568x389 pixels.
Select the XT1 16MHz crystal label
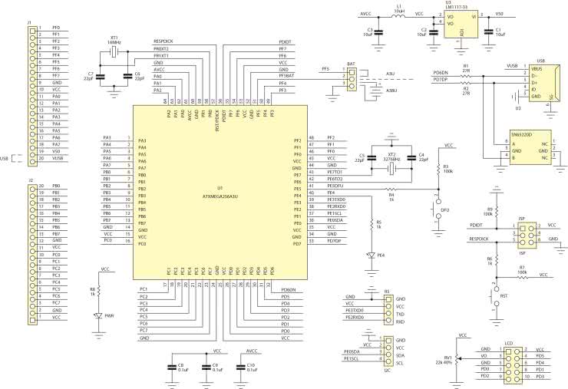(x=114, y=40)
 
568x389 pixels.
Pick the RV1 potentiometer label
(x=447, y=361)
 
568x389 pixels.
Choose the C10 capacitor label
(x=251, y=367)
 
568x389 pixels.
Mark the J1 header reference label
(x=29, y=22)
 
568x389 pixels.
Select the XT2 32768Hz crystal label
(x=391, y=157)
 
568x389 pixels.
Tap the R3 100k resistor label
(x=446, y=168)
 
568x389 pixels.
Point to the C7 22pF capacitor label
(x=90, y=76)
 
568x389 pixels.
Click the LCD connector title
(x=507, y=343)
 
